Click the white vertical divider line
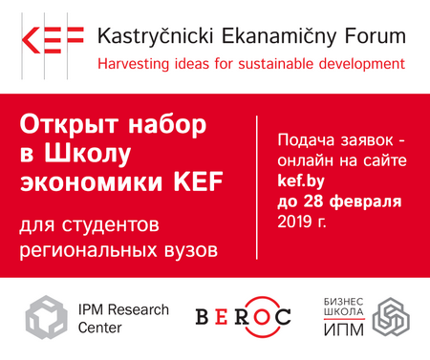[x=258, y=185]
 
